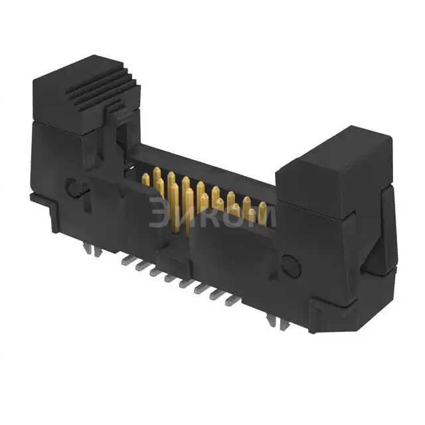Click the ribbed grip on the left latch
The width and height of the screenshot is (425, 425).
pyautogui.click(x=106, y=90)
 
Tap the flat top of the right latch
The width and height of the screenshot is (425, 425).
pyautogui.click(x=332, y=149)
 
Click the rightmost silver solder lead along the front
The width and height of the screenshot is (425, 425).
pyautogui.click(x=232, y=300)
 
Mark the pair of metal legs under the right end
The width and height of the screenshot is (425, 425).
pyautogui.click(x=274, y=321)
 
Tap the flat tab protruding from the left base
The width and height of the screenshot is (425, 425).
pyautogui.click(x=40, y=197)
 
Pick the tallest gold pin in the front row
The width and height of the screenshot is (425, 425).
pyautogui.click(x=174, y=206)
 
